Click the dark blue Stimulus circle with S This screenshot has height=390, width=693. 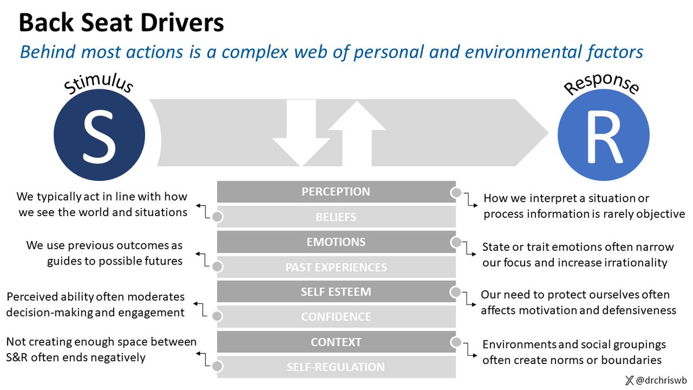click(x=99, y=135)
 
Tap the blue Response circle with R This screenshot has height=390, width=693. click(x=603, y=135)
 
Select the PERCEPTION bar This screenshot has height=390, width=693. click(x=336, y=192)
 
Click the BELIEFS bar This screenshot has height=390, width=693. click(x=336, y=217)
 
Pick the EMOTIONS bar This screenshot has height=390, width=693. click(x=336, y=242)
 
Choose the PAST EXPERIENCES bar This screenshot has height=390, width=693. click(x=336, y=267)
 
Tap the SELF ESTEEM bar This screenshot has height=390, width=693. click(x=336, y=292)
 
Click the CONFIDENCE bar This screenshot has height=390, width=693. click(x=336, y=317)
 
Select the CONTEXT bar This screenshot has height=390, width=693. click(x=336, y=342)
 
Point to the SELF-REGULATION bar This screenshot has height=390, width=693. click(x=336, y=367)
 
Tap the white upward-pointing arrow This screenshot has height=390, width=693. click(x=357, y=133)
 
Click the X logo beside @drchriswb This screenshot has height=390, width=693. click(x=629, y=380)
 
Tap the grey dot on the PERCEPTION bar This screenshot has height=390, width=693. click(x=456, y=192)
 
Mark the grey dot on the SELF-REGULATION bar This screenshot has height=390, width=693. click(x=218, y=366)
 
